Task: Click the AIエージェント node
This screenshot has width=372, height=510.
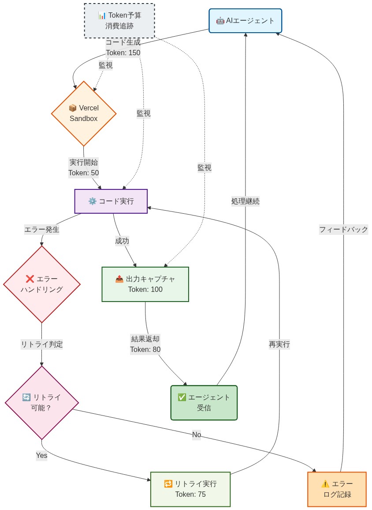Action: (x=245, y=21)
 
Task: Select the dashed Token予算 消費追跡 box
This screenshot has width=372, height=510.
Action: (x=119, y=21)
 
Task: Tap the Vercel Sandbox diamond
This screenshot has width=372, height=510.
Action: (x=84, y=113)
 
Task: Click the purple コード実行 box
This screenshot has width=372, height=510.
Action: (x=111, y=201)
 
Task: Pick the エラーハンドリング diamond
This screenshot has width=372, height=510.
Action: (x=42, y=284)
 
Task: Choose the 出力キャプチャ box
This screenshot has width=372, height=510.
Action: (x=145, y=284)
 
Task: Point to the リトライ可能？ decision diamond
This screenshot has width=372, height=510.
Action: (x=42, y=403)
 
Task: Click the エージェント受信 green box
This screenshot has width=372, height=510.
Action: (x=204, y=403)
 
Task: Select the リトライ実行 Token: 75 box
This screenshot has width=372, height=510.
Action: (x=190, y=489)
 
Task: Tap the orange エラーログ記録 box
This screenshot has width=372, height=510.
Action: (x=337, y=489)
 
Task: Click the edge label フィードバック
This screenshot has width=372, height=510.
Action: (x=343, y=230)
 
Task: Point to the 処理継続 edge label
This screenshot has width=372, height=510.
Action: (x=246, y=201)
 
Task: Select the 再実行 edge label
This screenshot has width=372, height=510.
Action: (x=279, y=344)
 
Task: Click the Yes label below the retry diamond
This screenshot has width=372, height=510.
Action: (x=41, y=456)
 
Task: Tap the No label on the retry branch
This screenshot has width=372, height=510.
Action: (x=197, y=435)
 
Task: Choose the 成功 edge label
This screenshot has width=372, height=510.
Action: (x=122, y=241)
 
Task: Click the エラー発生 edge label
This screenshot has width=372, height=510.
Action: (x=42, y=230)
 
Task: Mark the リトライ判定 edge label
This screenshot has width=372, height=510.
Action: (x=42, y=344)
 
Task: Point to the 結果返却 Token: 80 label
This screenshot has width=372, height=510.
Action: (x=145, y=344)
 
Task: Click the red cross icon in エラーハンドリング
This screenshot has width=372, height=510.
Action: (x=30, y=279)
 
